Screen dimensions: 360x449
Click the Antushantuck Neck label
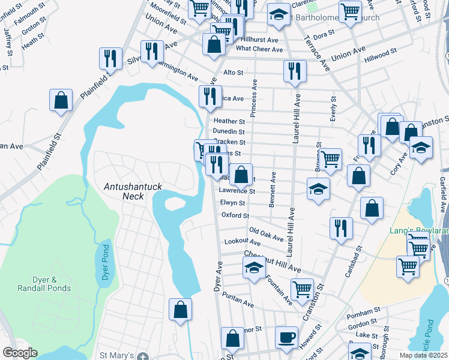coord(133,191)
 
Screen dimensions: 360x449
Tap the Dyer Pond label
coord(106,265)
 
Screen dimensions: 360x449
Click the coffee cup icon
coord(287,337)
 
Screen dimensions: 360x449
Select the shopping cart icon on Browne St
coord(330,159)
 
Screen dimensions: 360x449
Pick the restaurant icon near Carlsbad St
coord(340,228)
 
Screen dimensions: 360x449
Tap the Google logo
coord(20,353)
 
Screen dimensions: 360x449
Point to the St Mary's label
coord(117,356)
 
